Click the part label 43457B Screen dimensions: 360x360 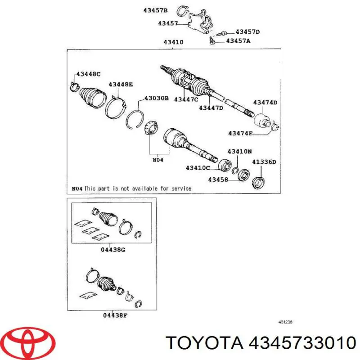(155, 10)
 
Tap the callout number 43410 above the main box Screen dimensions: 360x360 (173, 42)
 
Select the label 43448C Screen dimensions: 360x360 (88, 74)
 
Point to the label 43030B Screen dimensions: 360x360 (156, 98)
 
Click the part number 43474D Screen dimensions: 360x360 (265, 103)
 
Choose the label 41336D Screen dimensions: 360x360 (264, 162)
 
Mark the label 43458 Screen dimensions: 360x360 (218, 180)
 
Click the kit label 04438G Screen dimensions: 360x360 (113, 250)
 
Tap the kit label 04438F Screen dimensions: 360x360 (115, 315)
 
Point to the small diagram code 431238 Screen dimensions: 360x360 (285, 322)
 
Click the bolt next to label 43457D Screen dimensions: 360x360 (221, 34)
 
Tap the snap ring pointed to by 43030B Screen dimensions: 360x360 (135, 119)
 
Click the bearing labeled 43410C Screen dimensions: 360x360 (224, 165)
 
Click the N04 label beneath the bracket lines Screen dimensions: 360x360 (158, 160)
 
